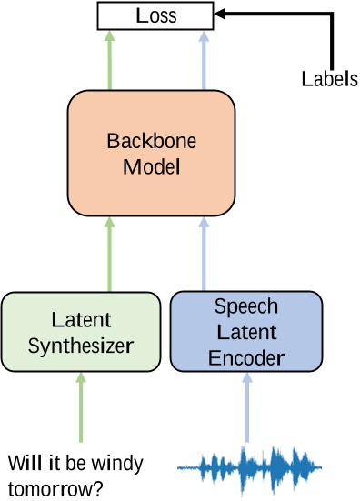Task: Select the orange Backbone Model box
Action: (151, 155)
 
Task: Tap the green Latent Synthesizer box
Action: (81, 333)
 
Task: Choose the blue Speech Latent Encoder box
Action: (245, 332)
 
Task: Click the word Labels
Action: (329, 79)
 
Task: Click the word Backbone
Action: (151, 143)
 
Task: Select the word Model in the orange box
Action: (151, 167)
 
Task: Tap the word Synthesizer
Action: (81, 346)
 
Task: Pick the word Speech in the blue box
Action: (246, 306)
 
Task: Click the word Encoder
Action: (246, 357)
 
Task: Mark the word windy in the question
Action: (117, 465)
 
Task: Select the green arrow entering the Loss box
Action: (109, 59)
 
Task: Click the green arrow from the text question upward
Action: (80, 414)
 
